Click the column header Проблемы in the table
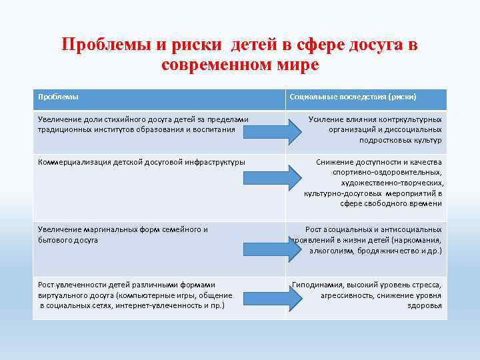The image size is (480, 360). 58,97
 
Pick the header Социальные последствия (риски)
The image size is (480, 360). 353,97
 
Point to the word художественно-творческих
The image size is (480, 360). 391,183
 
